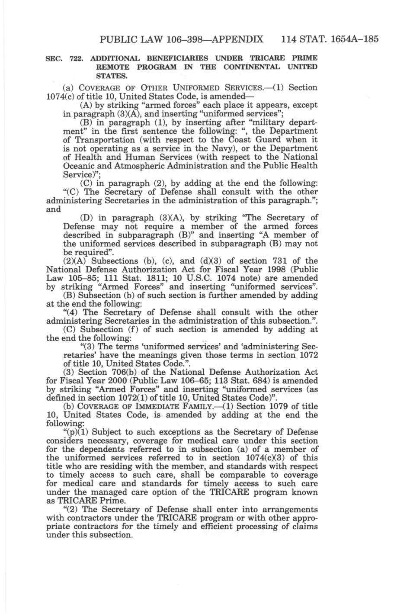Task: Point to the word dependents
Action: click(91, 449)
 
